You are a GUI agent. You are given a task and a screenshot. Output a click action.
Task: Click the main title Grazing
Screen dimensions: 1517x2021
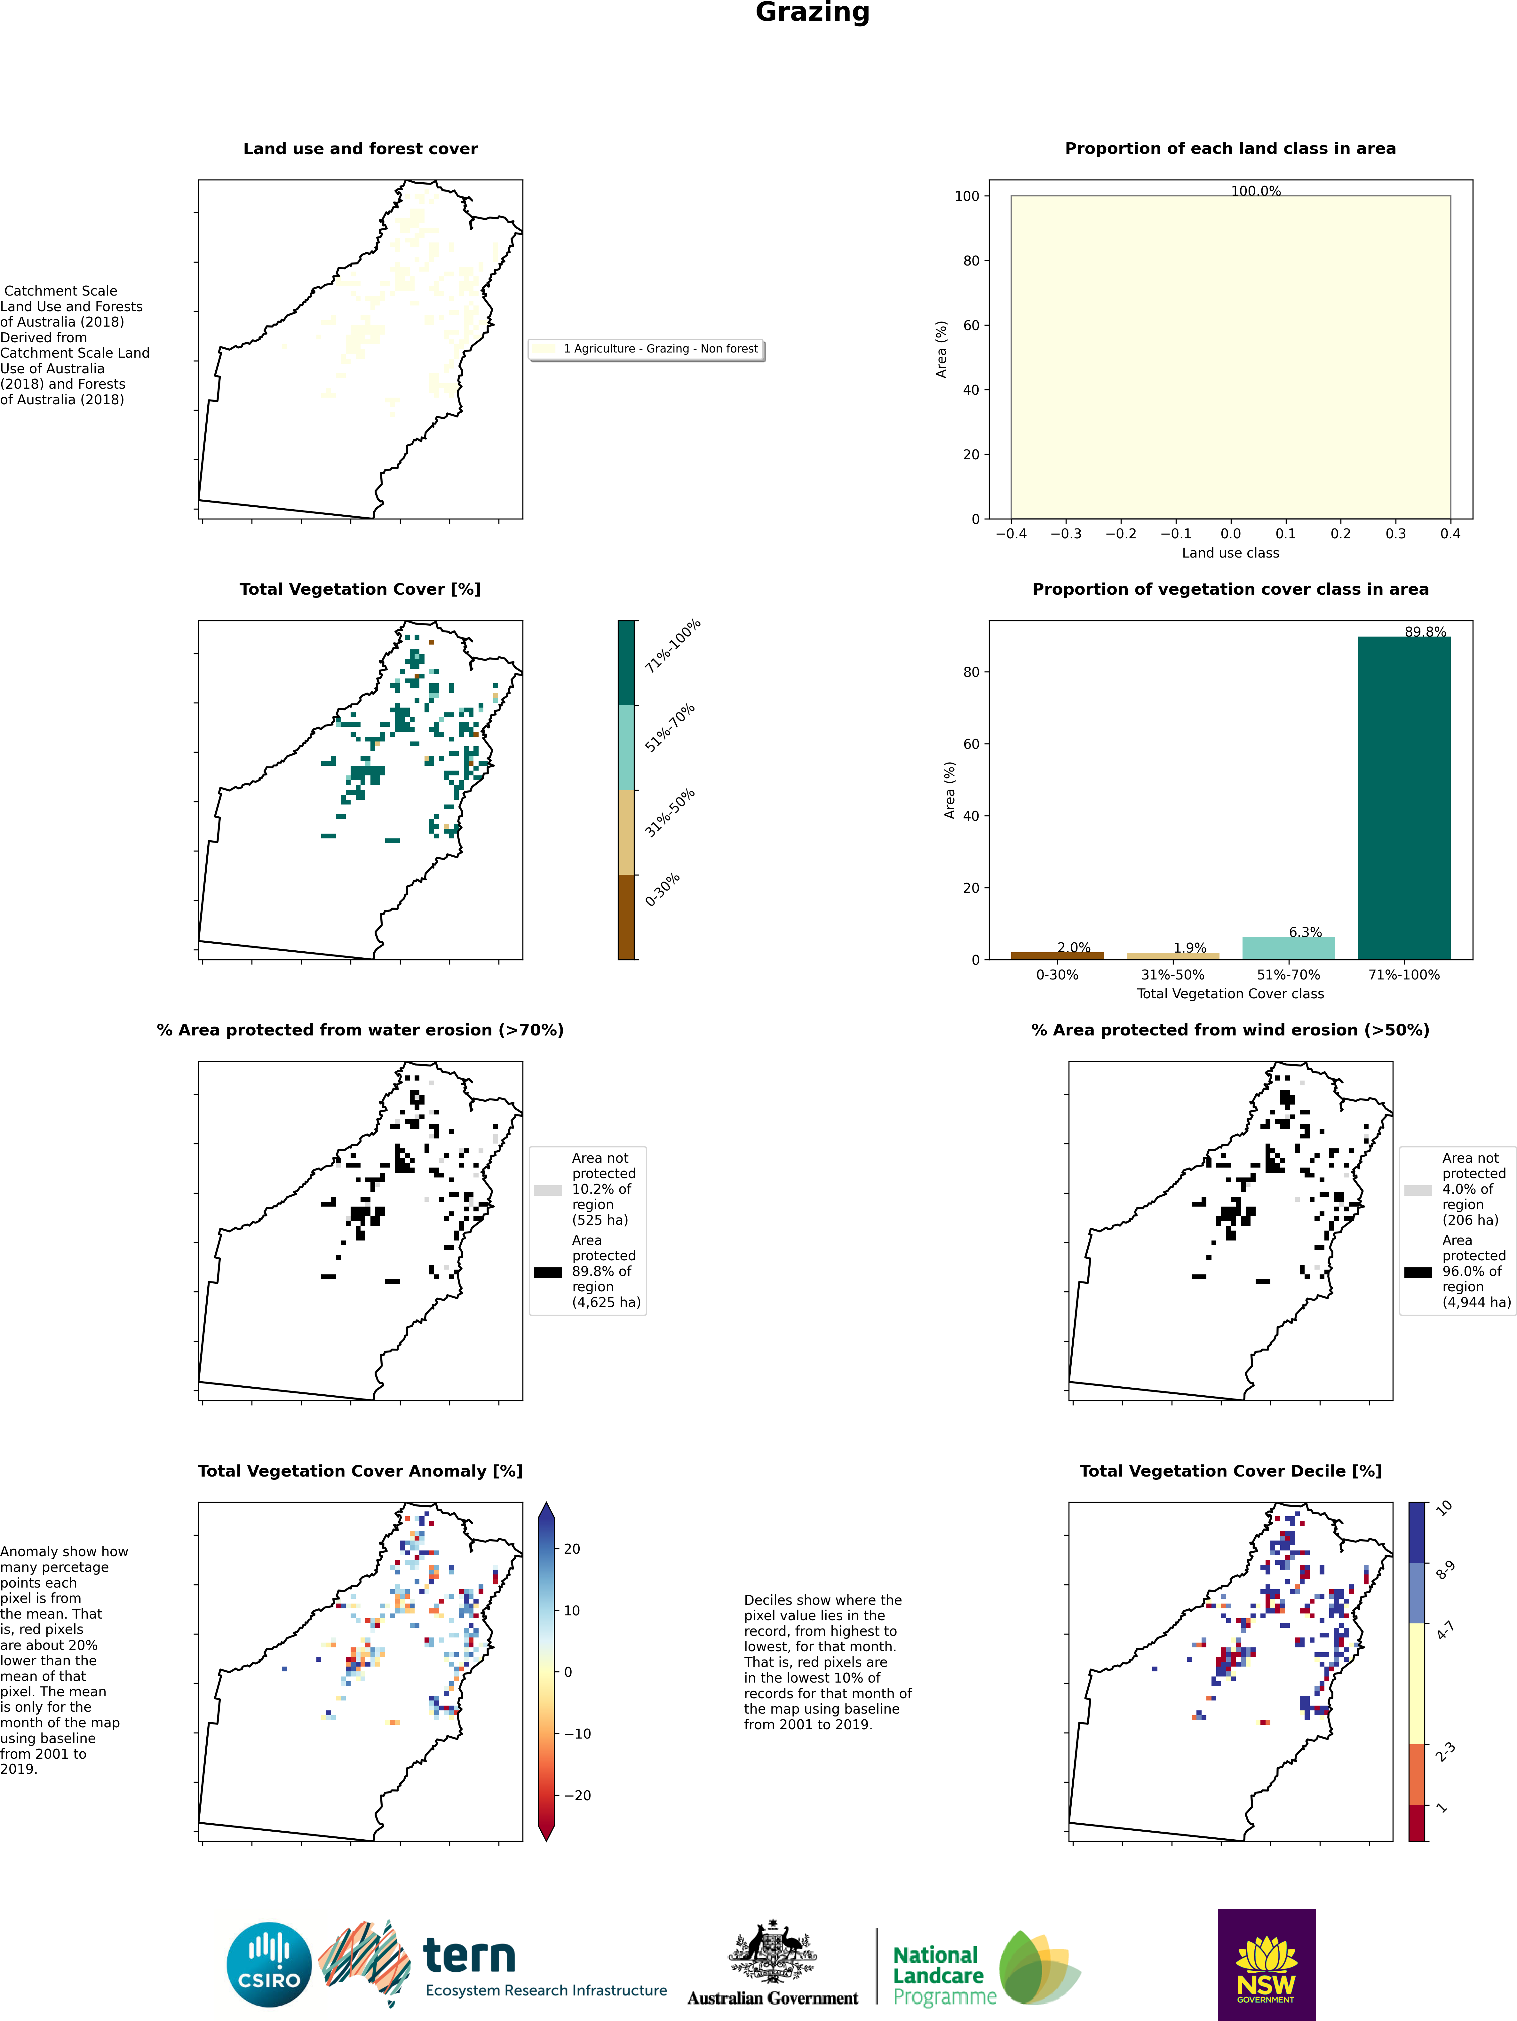point(813,13)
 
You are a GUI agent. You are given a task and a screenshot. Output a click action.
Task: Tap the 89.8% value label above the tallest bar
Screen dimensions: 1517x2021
point(1426,631)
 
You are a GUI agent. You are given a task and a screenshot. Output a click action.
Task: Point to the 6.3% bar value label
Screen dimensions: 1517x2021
point(1305,932)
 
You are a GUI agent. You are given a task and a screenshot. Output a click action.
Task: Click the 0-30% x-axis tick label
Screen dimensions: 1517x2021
point(1057,975)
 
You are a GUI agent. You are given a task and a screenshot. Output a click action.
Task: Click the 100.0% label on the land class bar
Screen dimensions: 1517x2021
point(1256,191)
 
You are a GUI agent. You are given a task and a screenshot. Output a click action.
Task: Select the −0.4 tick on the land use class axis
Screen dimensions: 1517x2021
point(1011,534)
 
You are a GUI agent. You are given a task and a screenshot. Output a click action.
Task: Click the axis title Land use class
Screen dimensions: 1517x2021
point(1230,553)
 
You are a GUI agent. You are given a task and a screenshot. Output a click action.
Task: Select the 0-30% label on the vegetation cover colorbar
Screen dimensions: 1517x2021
point(663,890)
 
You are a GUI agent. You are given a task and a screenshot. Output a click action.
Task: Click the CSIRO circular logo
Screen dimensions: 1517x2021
point(270,1964)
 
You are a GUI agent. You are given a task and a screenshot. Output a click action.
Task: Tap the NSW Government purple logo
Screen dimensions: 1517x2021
point(1267,1964)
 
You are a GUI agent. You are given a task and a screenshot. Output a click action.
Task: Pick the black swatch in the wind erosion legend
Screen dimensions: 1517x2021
point(1418,1272)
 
